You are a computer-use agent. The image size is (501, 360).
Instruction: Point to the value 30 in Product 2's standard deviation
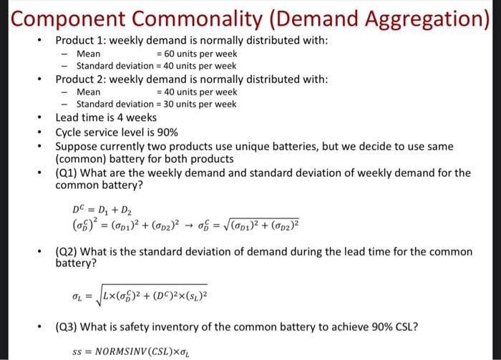pos(167,104)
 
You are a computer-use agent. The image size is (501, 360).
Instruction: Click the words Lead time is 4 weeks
pos(106,117)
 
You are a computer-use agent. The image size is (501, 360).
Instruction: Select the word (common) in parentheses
pos(81,159)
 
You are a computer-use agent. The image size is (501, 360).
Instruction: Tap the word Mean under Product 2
pos(89,92)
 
